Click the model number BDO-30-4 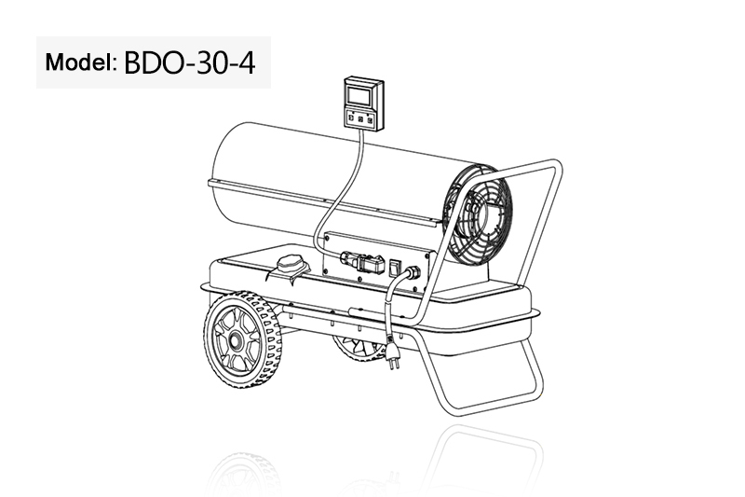tap(190, 62)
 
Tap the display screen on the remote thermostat tap(359, 96)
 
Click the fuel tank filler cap tap(290, 264)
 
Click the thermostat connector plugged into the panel tap(362, 263)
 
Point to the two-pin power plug tap(392, 354)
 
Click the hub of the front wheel tap(235, 340)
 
